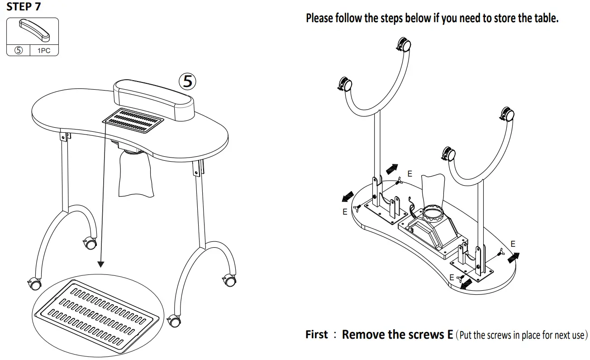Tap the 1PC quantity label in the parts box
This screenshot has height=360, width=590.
tap(44, 51)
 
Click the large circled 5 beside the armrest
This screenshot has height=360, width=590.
tap(188, 82)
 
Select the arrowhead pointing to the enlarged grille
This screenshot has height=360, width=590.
tap(101, 263)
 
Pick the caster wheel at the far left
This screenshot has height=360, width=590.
tap(34, 283)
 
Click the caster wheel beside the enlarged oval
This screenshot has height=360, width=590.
tap(173, 321)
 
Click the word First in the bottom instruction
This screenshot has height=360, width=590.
tap(317, 335)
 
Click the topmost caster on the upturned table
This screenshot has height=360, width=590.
tap(404, 45)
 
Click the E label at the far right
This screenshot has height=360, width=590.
tap(513, 244)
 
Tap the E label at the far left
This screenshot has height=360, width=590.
tap(345, 211)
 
